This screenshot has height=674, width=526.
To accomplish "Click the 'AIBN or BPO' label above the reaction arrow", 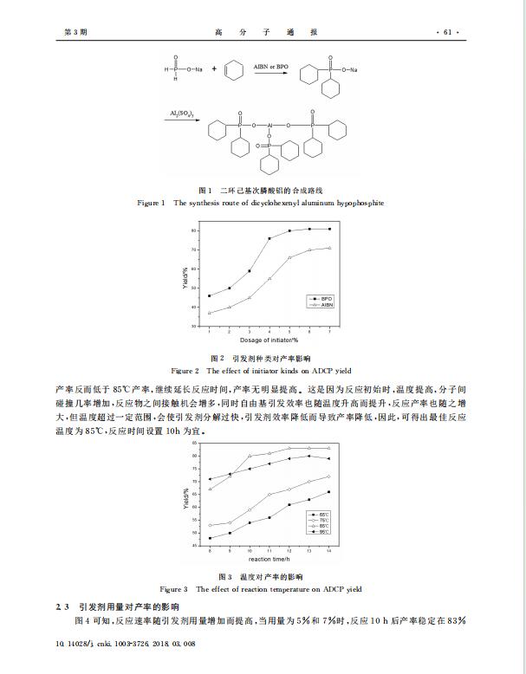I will pos(271,65).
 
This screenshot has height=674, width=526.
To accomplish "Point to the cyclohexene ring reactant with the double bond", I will pos(233,72).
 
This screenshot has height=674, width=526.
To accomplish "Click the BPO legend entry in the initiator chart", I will pos(323,298).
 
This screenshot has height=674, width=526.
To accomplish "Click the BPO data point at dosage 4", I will pos(269,238).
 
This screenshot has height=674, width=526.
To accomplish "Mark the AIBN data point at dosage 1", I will pos(209,313).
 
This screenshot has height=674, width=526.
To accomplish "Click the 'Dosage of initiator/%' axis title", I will pos(269,340).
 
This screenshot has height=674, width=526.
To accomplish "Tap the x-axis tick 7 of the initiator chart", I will pos(330,331).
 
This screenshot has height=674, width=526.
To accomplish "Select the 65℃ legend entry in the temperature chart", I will pos(321,515).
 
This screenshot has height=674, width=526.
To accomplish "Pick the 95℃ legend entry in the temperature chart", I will pos(321,532).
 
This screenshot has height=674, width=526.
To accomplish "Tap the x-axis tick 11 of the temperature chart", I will pos(269,550).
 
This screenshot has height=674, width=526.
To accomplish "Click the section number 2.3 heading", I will pos(62,607).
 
